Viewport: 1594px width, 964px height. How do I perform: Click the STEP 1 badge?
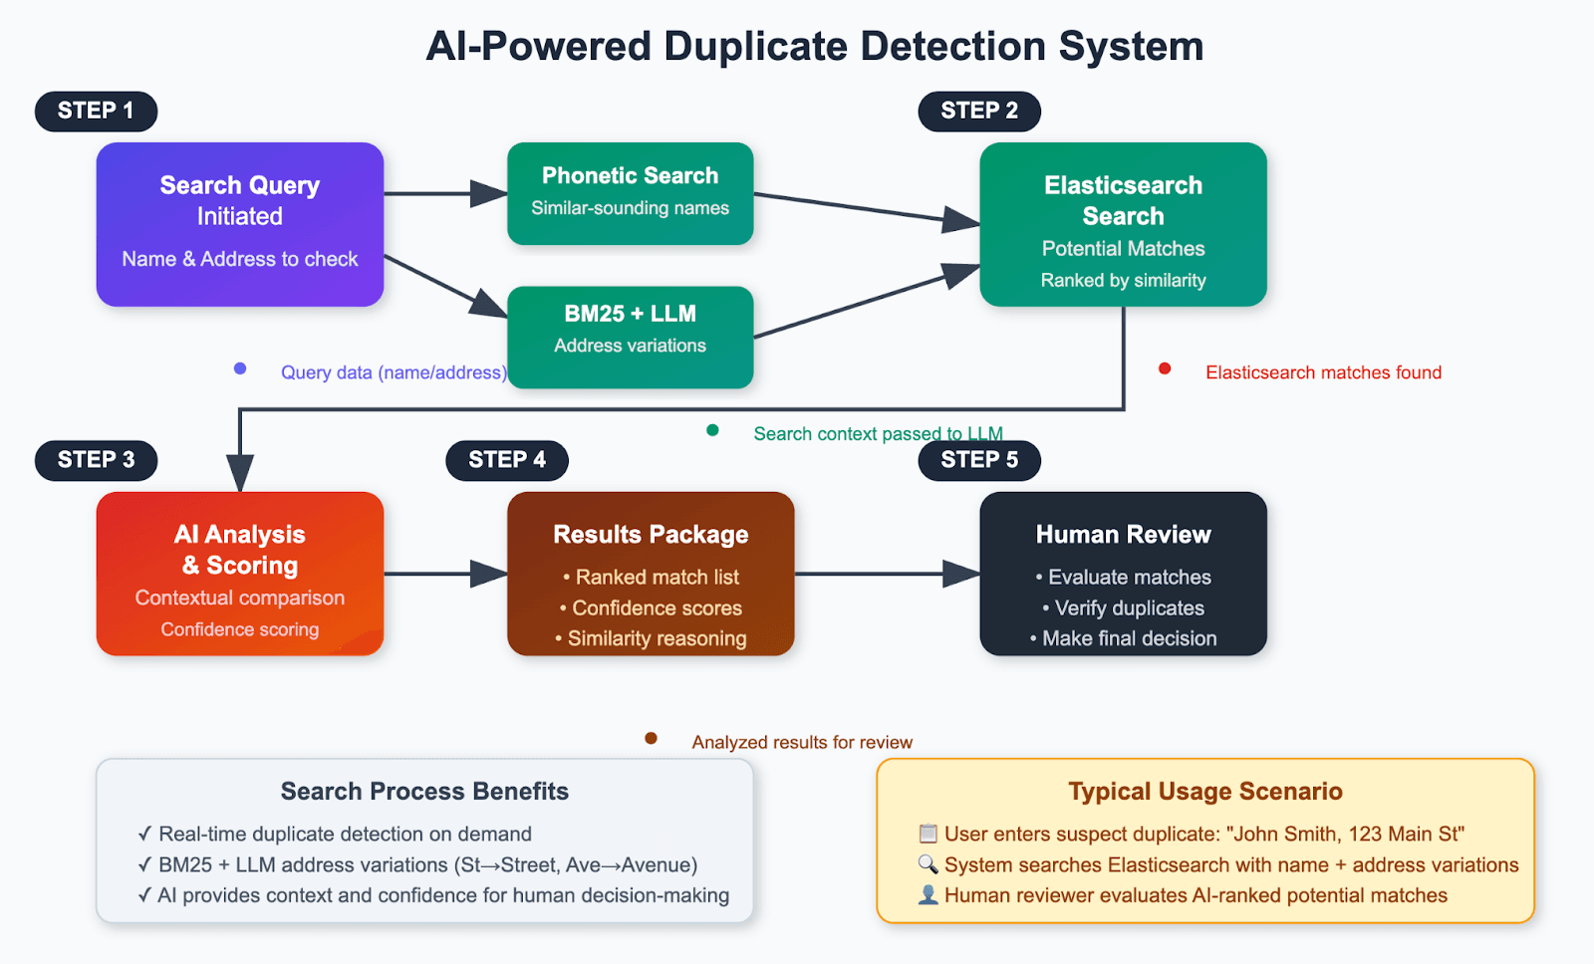[96, 111]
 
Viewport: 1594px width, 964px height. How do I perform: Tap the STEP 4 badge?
[506, 459]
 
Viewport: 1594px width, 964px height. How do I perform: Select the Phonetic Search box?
[630, 192]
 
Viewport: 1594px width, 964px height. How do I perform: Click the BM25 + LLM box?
[630, 336]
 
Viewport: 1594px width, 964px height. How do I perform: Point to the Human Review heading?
[1123, 535]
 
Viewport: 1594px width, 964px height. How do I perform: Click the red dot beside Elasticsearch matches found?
[1165, 369]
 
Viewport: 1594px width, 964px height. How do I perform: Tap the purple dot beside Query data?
[240, 368]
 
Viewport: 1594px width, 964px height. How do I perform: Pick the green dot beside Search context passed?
[712, 430]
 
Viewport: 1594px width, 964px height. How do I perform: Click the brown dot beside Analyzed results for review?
[651, 738]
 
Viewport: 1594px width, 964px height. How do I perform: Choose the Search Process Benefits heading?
[424, 791]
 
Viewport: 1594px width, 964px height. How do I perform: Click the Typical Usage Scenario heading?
[1204, 791]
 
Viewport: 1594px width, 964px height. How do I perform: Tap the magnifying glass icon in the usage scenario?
[928, 864]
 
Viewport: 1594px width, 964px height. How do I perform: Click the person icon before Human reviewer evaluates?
[928, 895]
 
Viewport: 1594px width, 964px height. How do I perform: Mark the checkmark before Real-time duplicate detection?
[145, 834]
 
